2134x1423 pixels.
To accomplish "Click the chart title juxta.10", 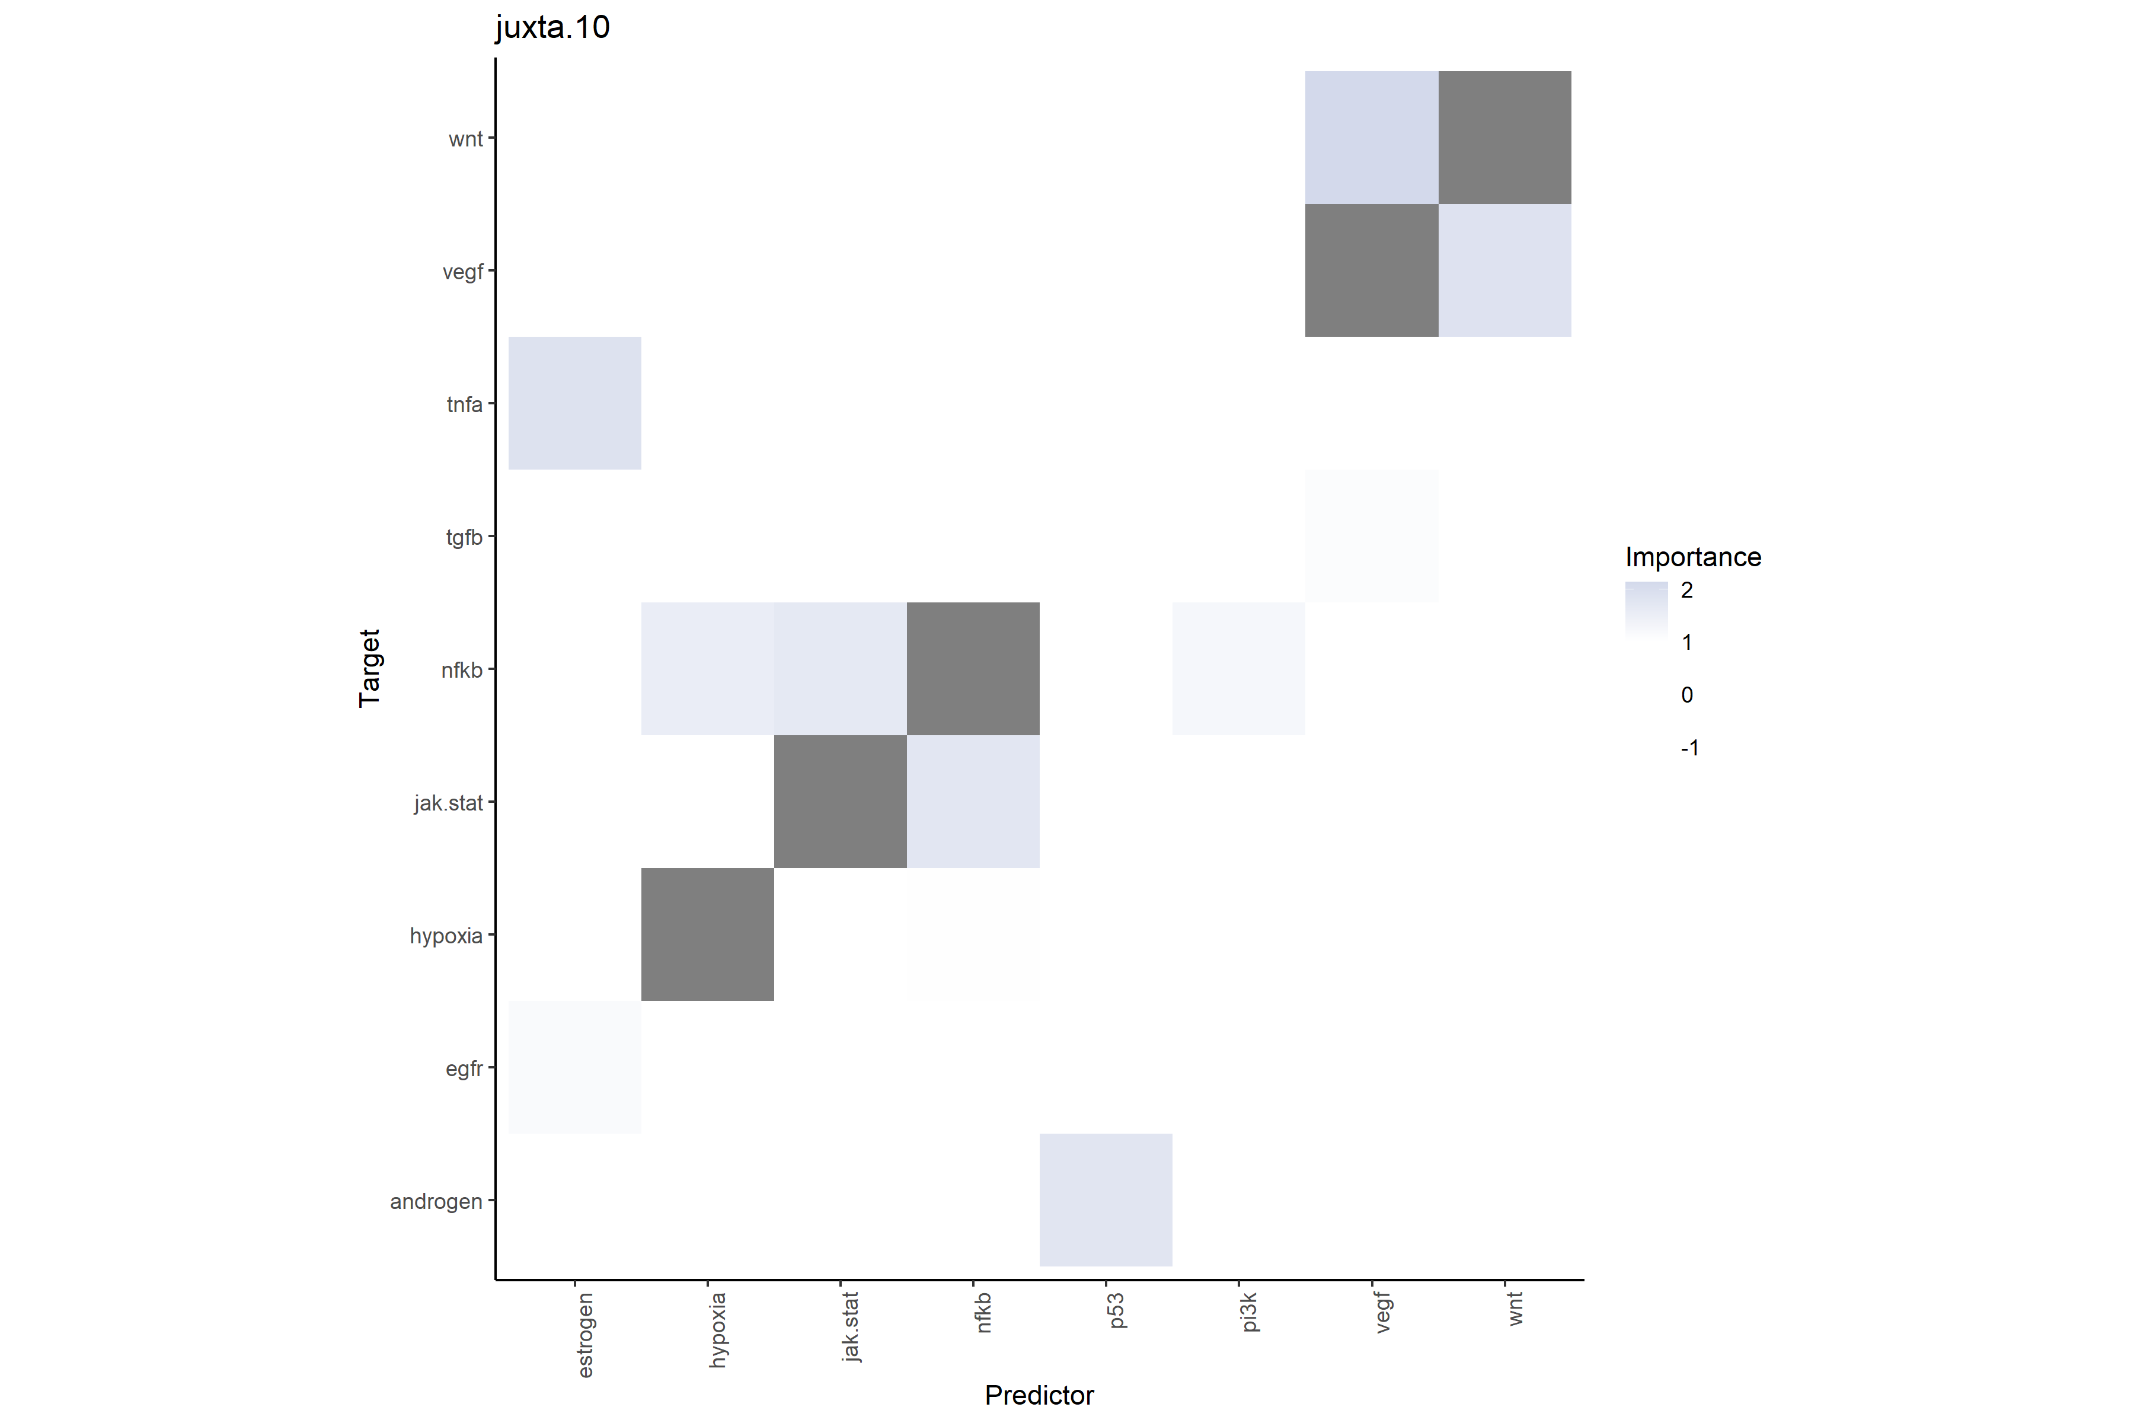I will click(x=552, y=27).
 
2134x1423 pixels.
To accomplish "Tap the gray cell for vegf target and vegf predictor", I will click(x=1371, y=270).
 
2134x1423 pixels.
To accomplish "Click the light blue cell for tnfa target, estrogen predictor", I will click(x=574, y=403).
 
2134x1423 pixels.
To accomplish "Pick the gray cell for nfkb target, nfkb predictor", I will click(x=973, y=669).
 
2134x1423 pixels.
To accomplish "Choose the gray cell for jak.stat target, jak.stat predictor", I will click(x=840, y=802).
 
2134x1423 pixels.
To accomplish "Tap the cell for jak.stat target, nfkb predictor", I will click(x=973, y=802).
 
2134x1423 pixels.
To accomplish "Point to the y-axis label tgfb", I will click(x=464, y=537).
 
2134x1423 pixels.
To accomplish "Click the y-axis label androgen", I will click(x=436, y=1202).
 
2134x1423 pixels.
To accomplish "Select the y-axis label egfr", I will click(x=464, y=1069).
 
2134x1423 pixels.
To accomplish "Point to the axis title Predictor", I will click(x=1039, y=1395).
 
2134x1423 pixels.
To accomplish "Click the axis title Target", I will click(x=369, y=668).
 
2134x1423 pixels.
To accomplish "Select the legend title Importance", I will click(x=1692, y=556).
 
